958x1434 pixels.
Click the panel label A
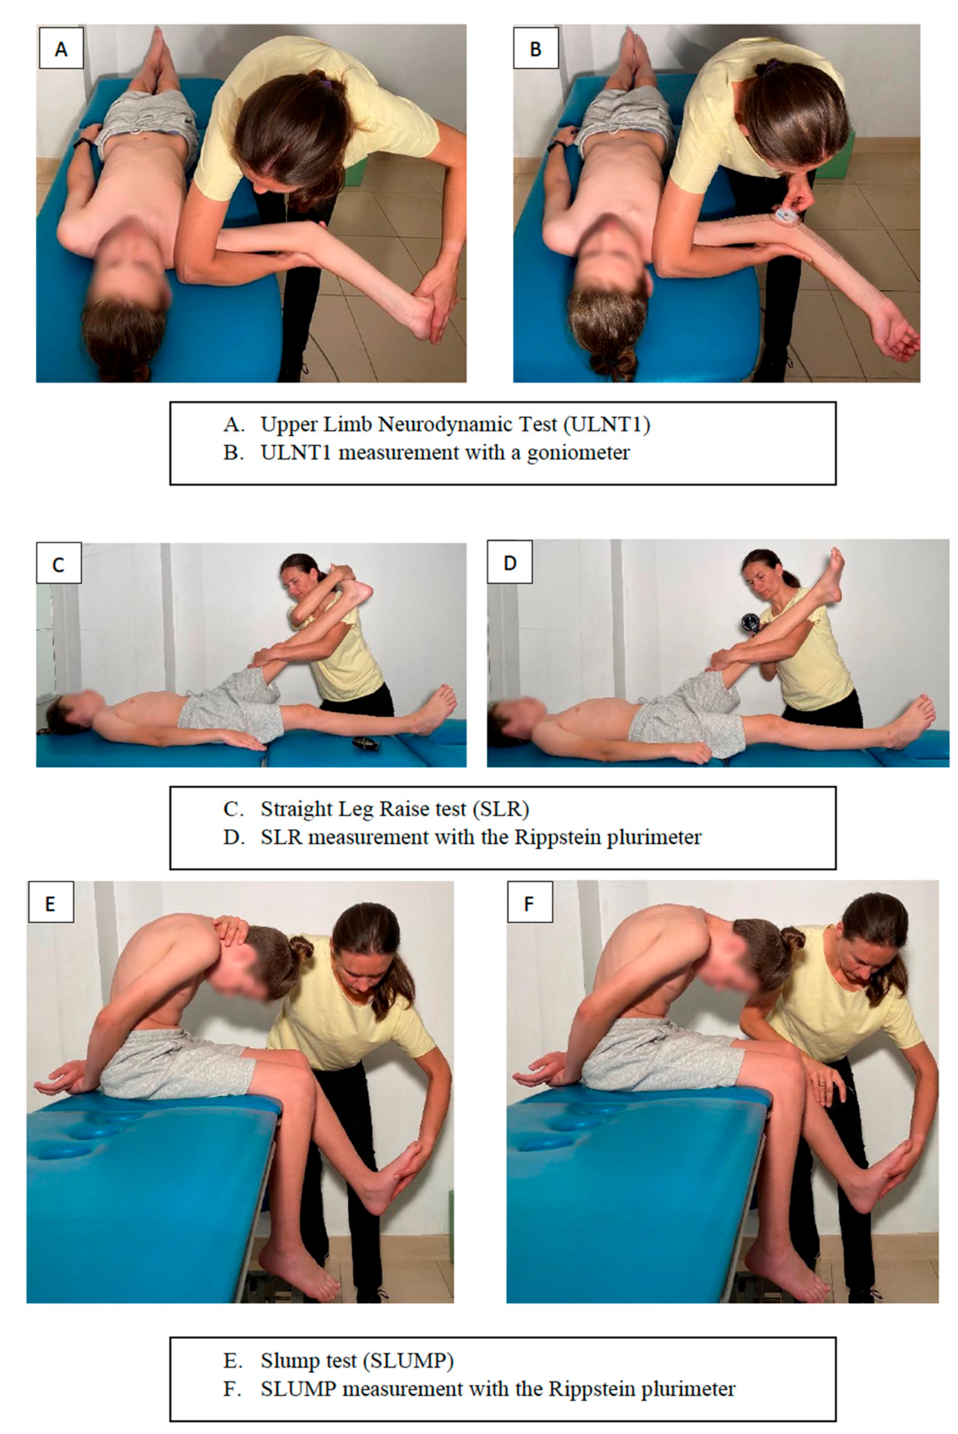pyautogui.click(x=61, y=49)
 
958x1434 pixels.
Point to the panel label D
pyautogui.click(x=510, y=562)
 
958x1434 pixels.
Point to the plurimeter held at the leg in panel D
pyautogui.click(x=750, y=624)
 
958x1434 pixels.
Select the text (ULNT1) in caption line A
pyautogui.click(x=607, y=424)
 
